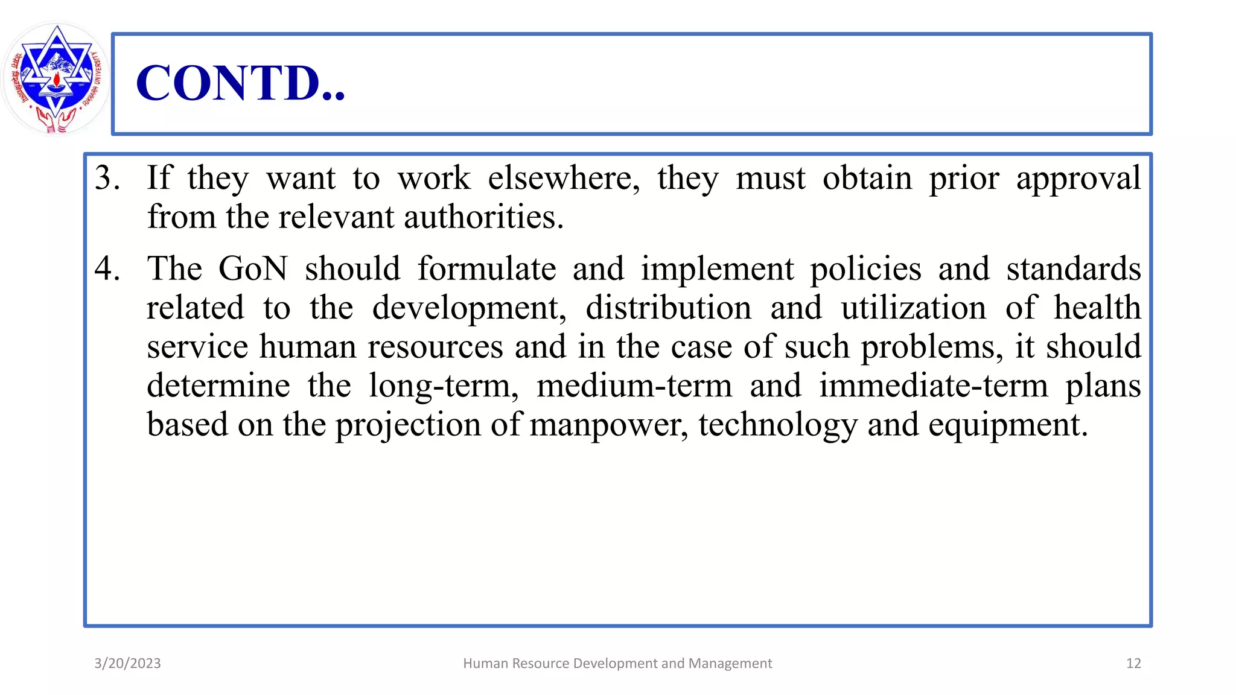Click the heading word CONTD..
[x=240, y=83]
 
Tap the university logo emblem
[x=56, y=78]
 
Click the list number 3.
[x=107, y=179]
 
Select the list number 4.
[x=107, y=269]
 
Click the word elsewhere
[x=563, y=179]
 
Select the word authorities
[x=483, y=217]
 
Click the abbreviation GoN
[x=253, y=269]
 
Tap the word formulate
[x=486, y=269]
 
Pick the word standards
[x=1073, y=269]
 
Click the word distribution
[x=668, y=308]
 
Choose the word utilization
[x=913, y=308]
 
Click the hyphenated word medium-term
[x=634, y=386]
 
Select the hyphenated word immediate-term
[x=933, y=386]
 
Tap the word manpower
[x=608, y=425]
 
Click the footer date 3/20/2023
[x=127, y=664]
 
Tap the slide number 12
[x=1133, y=664]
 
